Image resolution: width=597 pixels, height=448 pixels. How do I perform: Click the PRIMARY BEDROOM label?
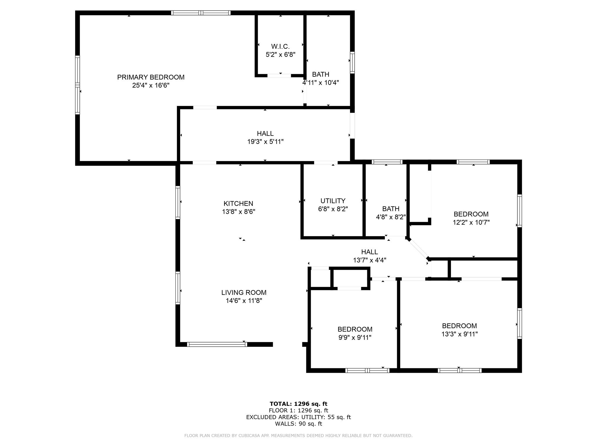point(151,77)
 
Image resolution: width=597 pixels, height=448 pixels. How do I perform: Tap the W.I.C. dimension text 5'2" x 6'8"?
point(280,55)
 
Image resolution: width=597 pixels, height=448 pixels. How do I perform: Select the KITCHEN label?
point(238,204)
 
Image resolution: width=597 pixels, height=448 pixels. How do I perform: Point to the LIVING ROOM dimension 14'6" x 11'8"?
point(244,301)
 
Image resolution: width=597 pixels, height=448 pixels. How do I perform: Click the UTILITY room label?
point(333,201)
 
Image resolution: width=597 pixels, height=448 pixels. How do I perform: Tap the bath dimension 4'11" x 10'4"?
point(321,83)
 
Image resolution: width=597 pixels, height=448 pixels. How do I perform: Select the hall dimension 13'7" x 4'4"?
point(370,260)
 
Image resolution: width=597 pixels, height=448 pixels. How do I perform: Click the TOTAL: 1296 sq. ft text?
point(298,404)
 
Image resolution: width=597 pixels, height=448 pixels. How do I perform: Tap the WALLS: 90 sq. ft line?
point(298,424)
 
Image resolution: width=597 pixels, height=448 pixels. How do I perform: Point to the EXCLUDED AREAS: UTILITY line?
point(298,417)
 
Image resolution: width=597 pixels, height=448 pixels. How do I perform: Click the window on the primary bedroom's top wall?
point(201,13)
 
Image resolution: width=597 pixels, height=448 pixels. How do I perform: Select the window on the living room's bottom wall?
point(217,344)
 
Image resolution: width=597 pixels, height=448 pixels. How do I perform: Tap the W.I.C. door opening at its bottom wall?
point(279,76)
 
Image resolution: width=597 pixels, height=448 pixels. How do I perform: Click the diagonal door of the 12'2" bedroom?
point(418,249)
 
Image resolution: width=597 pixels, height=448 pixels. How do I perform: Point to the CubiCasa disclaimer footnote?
point(298,436)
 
